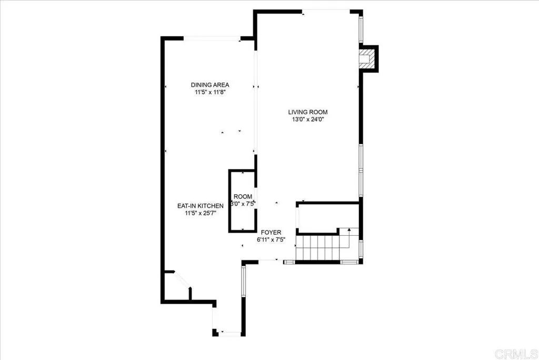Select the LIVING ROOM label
[308, 112]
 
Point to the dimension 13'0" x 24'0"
[308, 119]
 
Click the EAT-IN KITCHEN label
[201, 206]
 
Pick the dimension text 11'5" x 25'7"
[201, 213]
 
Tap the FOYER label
[269, 232]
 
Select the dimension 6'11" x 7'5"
[269, 239]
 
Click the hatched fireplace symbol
[367, 58]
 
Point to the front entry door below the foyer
[268, 260]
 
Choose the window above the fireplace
[361, 29]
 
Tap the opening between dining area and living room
[256, 100]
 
